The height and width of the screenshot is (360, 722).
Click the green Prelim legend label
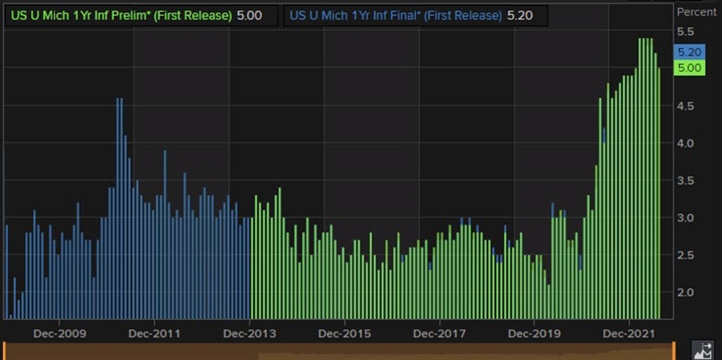121,16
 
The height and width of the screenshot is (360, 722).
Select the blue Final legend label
395,16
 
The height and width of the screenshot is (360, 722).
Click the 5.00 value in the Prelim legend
249,16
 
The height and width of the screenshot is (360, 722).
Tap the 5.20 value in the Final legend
520,16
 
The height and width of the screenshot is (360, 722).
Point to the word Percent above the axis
696,12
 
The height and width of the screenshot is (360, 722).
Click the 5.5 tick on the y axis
686,32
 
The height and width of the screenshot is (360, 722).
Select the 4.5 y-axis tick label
686,106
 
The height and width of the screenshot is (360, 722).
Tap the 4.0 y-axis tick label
686,143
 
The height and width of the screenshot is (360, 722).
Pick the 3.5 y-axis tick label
686,181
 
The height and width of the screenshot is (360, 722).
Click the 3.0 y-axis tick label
686,217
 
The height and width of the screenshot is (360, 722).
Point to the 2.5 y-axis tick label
686,255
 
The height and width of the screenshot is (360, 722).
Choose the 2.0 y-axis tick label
686,292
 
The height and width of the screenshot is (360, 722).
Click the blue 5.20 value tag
689,52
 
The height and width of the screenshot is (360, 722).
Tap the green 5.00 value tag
689,68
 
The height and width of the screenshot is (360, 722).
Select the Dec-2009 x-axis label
59,333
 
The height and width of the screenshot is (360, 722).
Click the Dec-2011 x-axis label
154,333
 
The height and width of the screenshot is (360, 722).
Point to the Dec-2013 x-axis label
250,333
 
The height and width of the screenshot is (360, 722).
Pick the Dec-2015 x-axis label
344,333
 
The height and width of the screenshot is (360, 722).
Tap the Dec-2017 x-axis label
440,333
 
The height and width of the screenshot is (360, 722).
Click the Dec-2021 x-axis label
629,333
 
